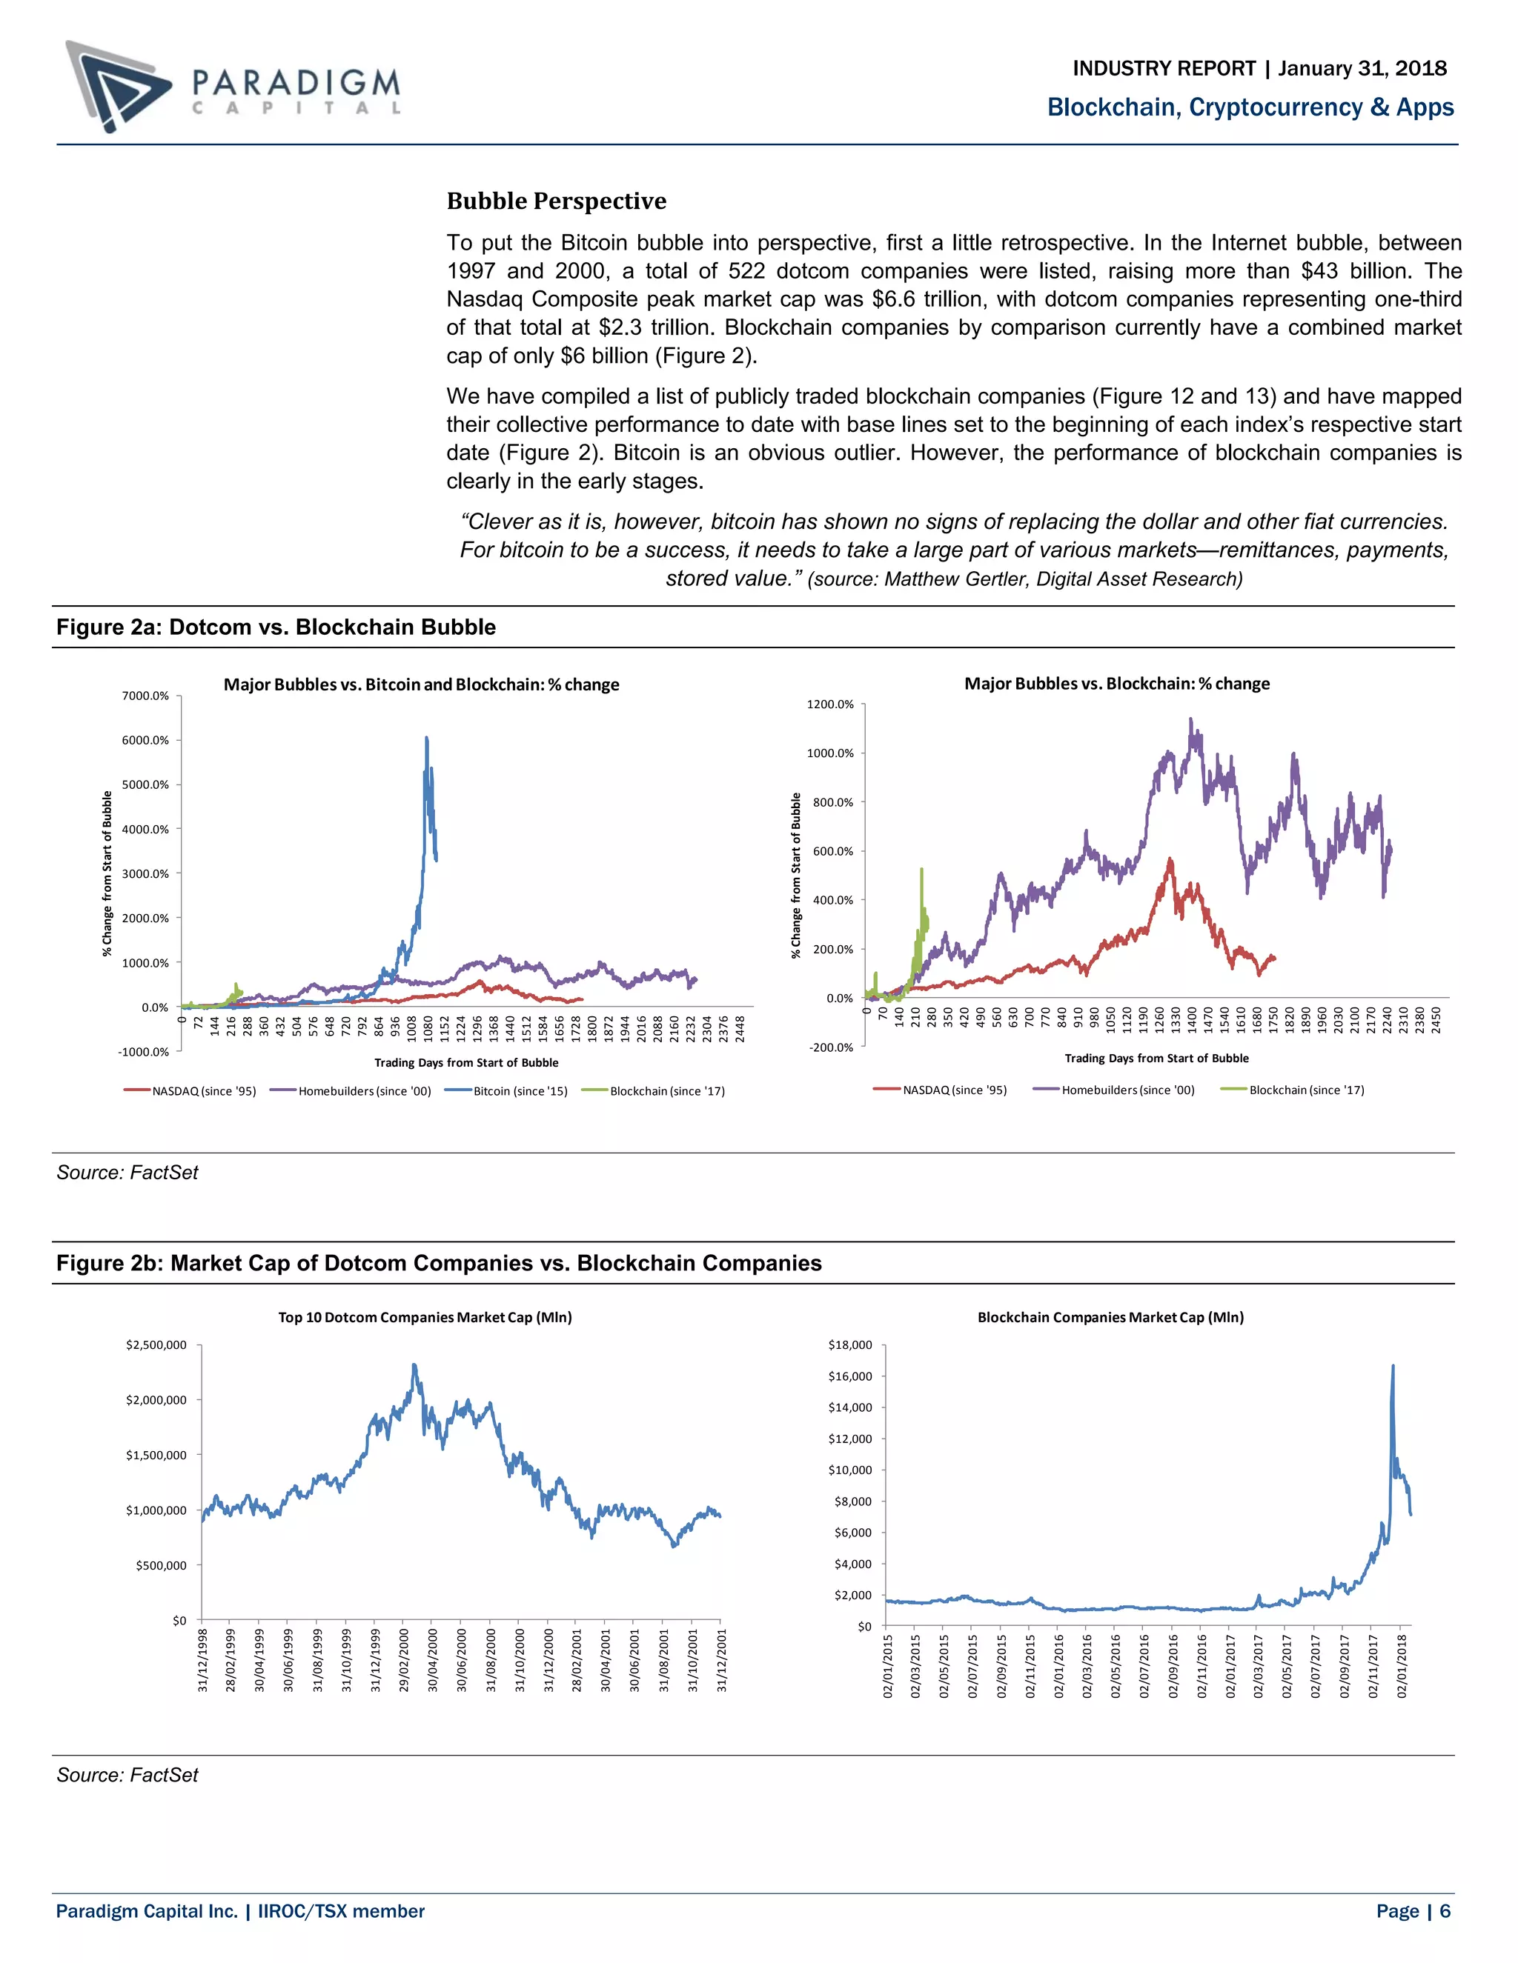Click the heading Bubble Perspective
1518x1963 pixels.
(556, 201)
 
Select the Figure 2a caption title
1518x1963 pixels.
(276, 627)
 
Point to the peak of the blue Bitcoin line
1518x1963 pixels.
(426, 738)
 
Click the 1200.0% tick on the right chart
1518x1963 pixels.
(829, 704)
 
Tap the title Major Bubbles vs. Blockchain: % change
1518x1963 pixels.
(1117, 683)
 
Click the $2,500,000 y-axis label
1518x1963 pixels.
(156, 1344)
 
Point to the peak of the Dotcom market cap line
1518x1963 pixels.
(414, 1365)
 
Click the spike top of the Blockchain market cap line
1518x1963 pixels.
(1393, 1365)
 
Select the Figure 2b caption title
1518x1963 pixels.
(439, 1263)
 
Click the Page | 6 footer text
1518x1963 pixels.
(1413, 1911)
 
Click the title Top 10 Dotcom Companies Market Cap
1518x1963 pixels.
(425, 1317)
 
